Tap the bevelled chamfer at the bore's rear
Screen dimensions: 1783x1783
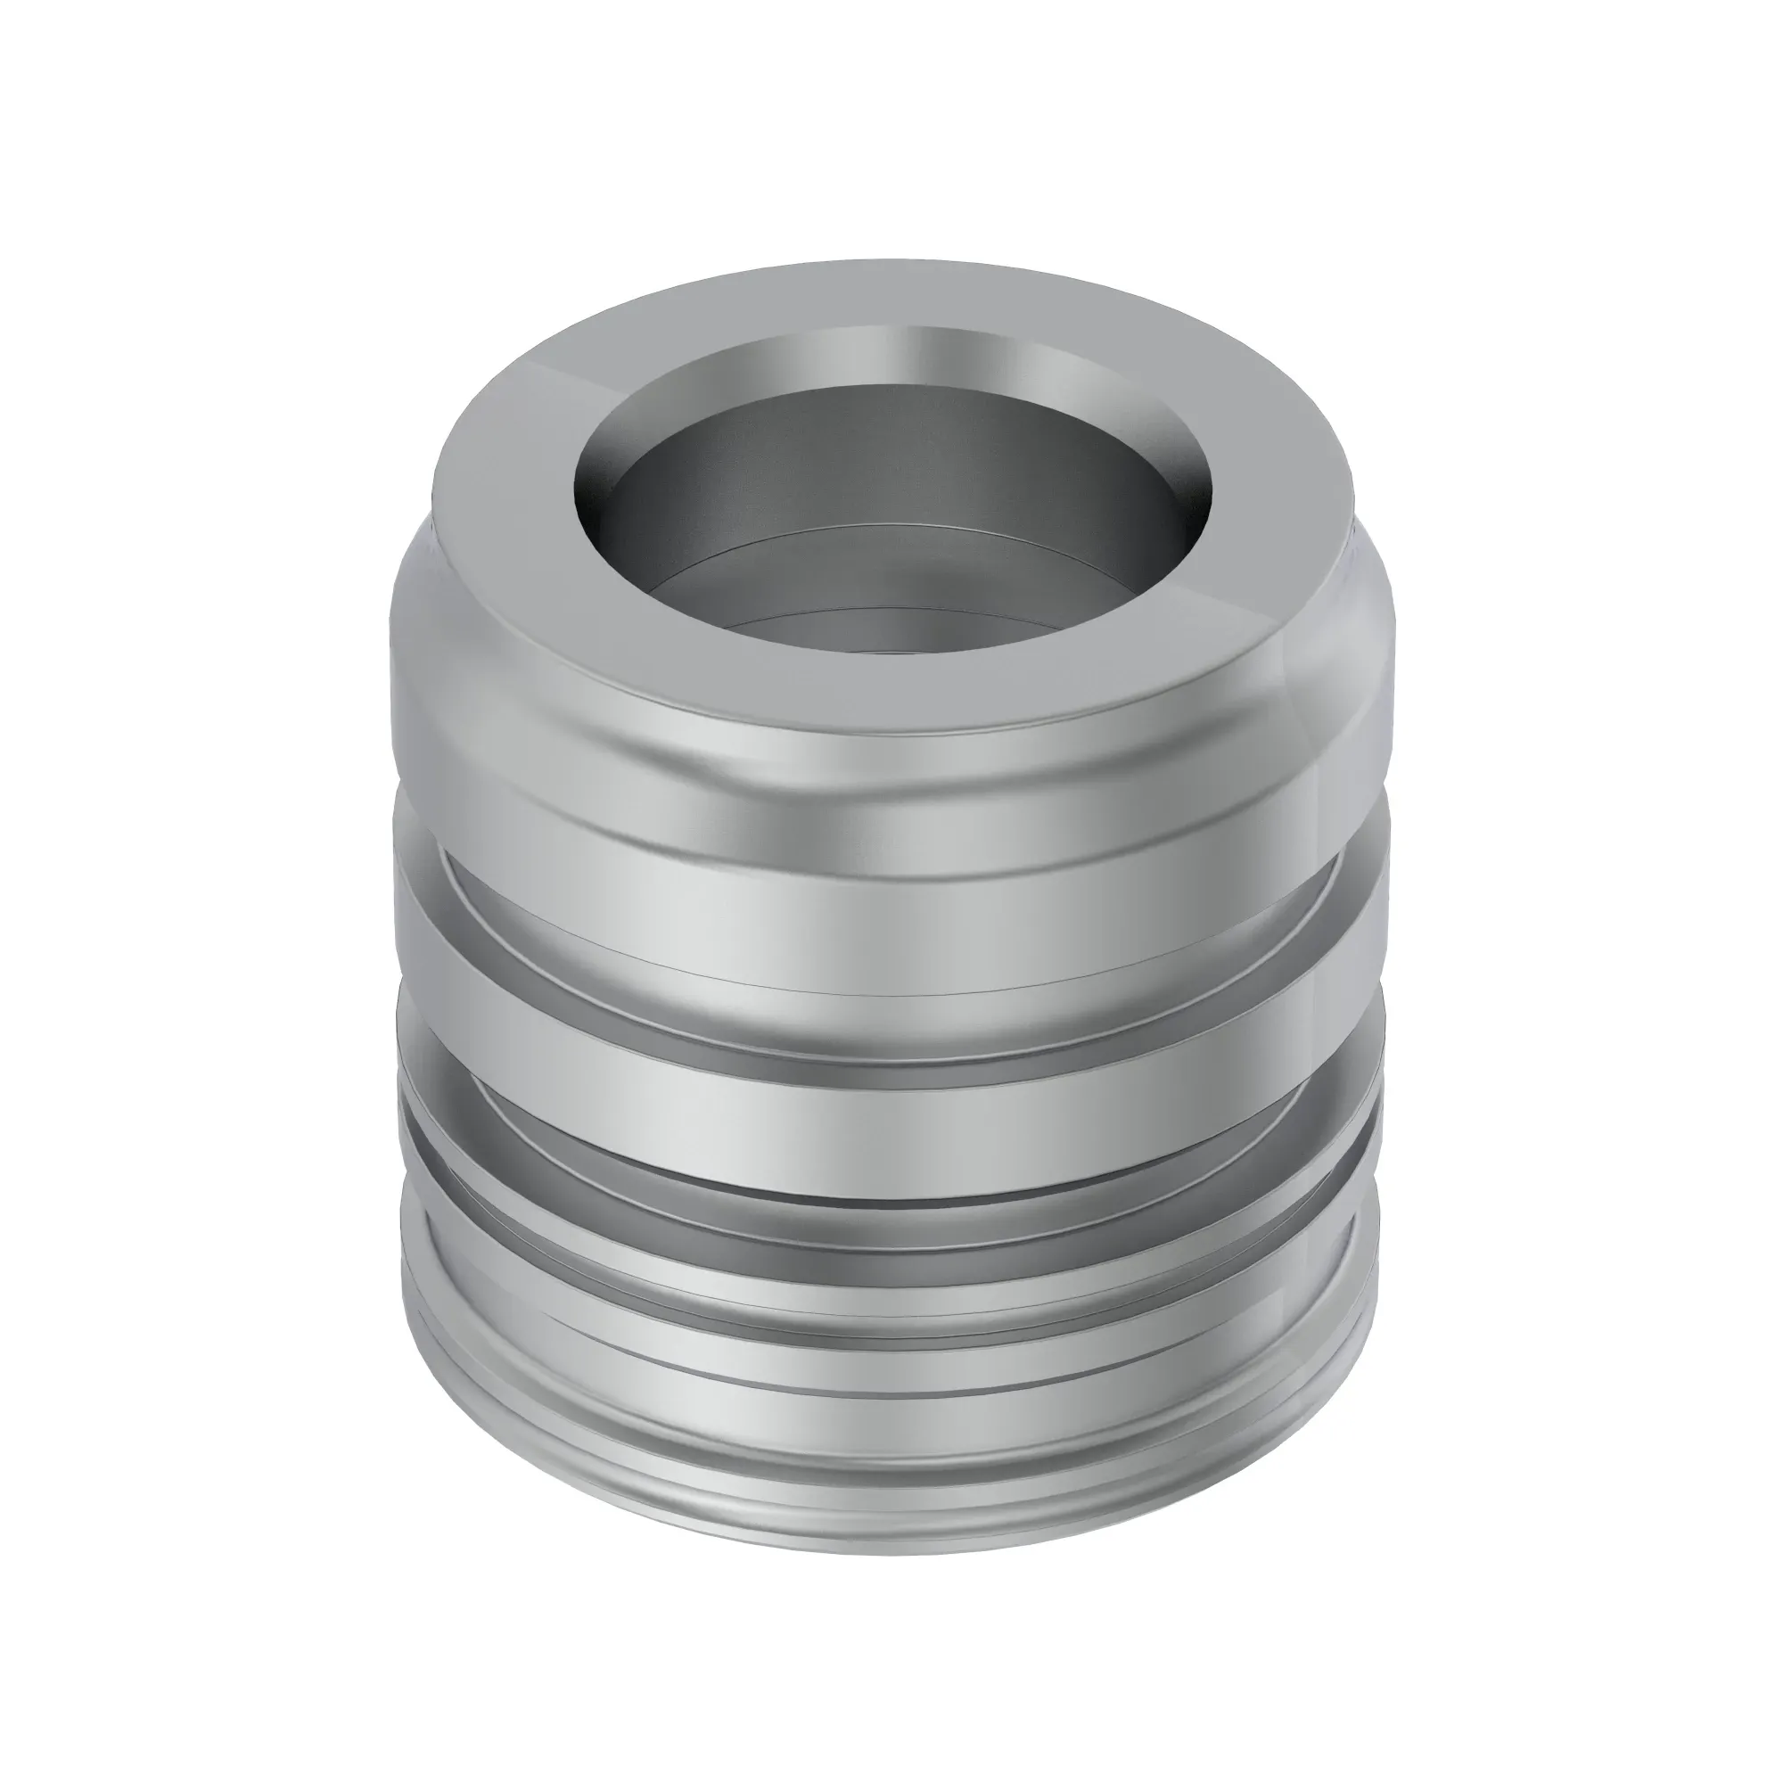(886, 356)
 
